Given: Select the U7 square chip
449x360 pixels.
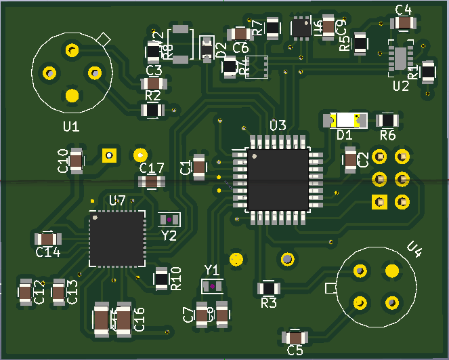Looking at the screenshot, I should pyautogui.click(x=116, y=239).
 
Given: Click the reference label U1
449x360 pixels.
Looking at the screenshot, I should pyautogui.click(x=71, y=126).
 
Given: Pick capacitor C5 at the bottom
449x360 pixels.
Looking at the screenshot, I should pyautogui.click(x=295, y=337).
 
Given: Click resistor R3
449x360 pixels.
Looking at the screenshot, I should pyautogui.click(x=268, y=288).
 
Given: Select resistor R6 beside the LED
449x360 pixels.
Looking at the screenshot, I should pyautogui.click(x=387, y=121).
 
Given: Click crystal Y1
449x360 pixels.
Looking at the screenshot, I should pyautogui.click(x=213, y=286).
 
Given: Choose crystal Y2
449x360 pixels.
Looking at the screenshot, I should pyautogui.click(x=169, y=219).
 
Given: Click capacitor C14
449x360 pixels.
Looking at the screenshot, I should pyautogui.click(x=47, y=239).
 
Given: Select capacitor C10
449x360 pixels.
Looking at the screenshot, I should pyautogui.click(x=76, y=161).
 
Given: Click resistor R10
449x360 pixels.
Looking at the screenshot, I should pyautogui.click(x=161, y=277).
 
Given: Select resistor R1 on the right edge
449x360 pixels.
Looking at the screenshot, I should pyautogui.click(x=428, y=71).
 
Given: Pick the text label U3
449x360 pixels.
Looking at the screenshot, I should pyautogui.click(x=278, y=125).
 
